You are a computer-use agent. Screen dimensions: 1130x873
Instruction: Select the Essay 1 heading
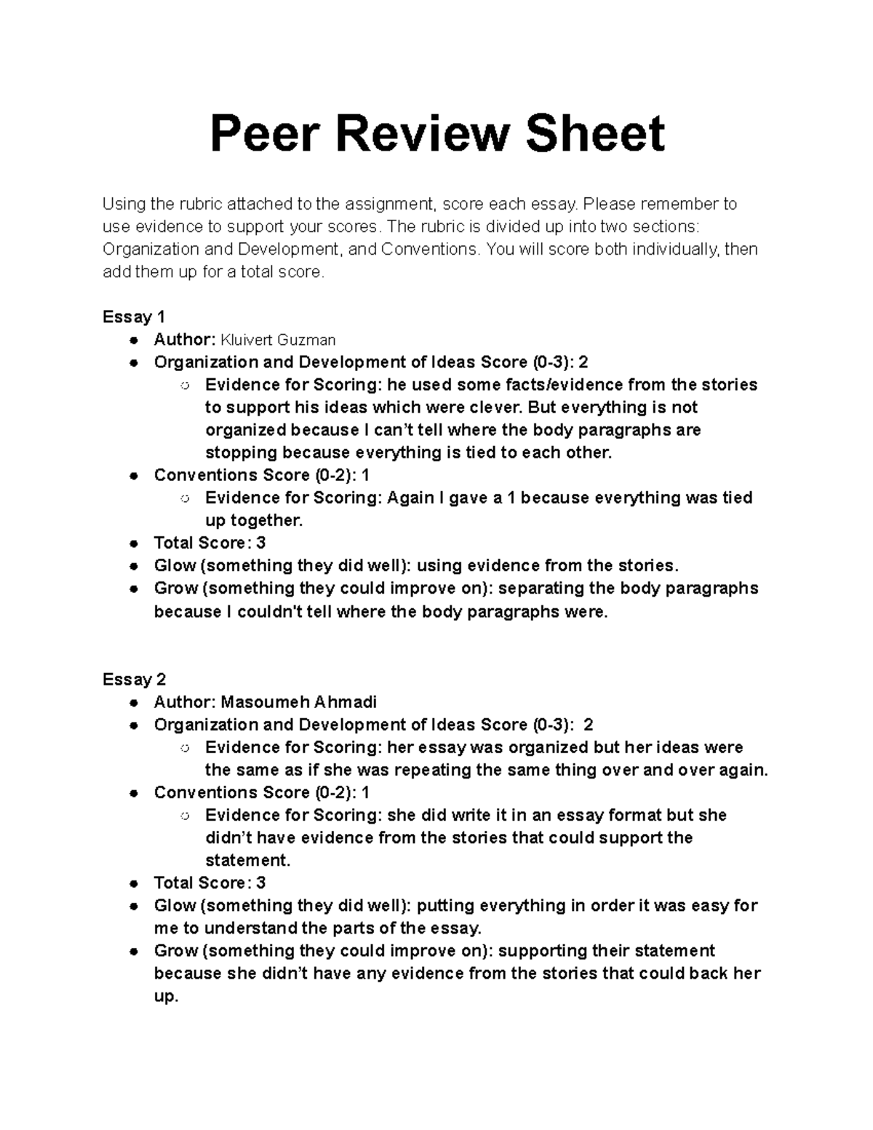click(x=134, y=317)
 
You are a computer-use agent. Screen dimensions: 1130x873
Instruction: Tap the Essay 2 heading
click(x=134, y=679)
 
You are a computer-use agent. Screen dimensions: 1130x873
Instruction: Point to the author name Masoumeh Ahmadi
click(x=299, y=702)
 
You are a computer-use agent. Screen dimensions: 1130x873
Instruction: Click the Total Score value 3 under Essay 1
click(x=260, y=543)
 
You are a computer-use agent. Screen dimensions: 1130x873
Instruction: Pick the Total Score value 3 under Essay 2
click(x=260, y=883)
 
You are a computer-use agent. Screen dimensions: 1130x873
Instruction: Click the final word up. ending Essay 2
click(x=166, y=996)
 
